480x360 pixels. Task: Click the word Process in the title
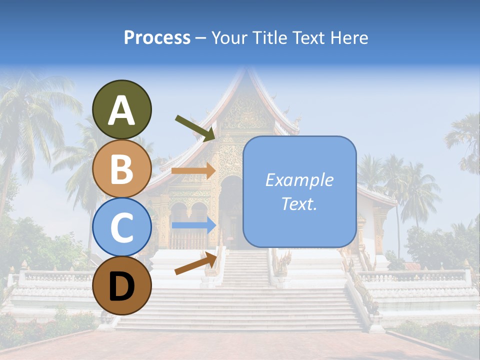pyautogui.click(x=157, y=37)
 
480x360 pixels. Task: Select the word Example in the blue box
pyautogui.click(x=299, y=180)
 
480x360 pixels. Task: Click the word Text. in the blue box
pyautogui.click(x=299, y=203)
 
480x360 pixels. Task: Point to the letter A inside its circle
pyautogui.click(x=121, y=111)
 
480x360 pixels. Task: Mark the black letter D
pyautogui.click(x=121, y=286)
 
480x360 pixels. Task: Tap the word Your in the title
pyautogui.click(x=230, y=37)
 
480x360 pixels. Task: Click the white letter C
pyautogui.click(x=121, y=227)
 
